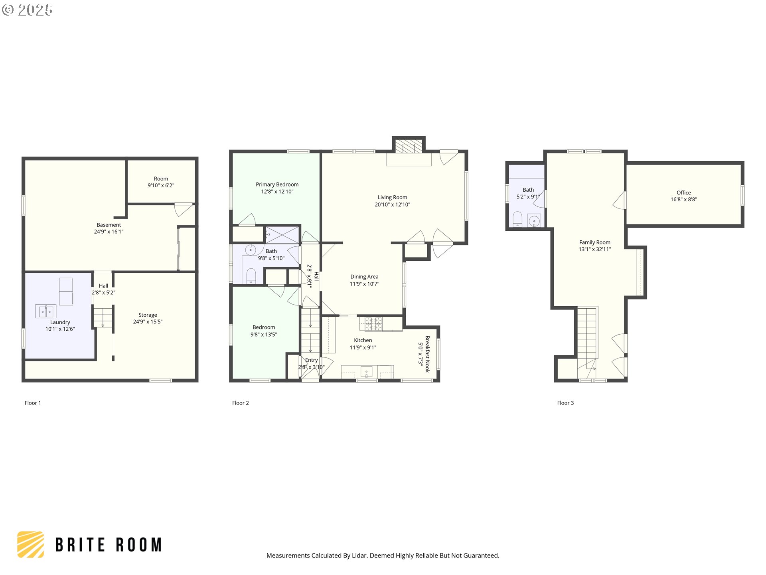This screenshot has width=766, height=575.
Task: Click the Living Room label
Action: [x=392, y=197]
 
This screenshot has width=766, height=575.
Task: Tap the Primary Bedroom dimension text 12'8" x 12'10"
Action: [x=277, y=192]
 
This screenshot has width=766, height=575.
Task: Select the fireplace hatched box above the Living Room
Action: [x=409, y=145]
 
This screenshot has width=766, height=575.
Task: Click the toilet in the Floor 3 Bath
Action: [x=517, y=219]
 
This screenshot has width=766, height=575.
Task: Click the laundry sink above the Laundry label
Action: [x=46, y=311]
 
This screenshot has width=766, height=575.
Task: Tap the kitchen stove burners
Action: [x=373, y=324]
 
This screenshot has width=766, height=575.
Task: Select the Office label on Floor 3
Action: [x=684, y=192]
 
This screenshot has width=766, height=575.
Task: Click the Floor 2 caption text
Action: [x=241, y=403]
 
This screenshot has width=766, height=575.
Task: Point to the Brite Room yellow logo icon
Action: [x=31, y=544]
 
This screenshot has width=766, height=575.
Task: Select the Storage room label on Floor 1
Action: [x=148, y=315]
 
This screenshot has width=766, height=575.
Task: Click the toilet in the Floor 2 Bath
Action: [x=251, y=276]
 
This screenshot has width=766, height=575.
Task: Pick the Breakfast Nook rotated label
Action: [x=427, y=354]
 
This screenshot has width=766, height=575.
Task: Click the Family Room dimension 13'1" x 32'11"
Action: [x=595, y=249]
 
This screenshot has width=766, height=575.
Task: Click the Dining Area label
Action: [x=364, y=277]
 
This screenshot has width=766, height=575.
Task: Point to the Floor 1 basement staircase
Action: [x=103, y=317]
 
